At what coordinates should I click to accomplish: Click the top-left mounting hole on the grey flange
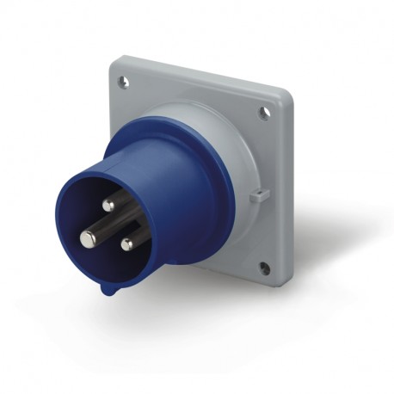click(x=124, y=83)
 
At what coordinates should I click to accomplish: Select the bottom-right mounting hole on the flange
click(x=265, y=268)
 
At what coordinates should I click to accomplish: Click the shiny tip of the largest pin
click(x=87, y=238)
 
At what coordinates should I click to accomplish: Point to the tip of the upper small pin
click(x=108, y=205)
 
